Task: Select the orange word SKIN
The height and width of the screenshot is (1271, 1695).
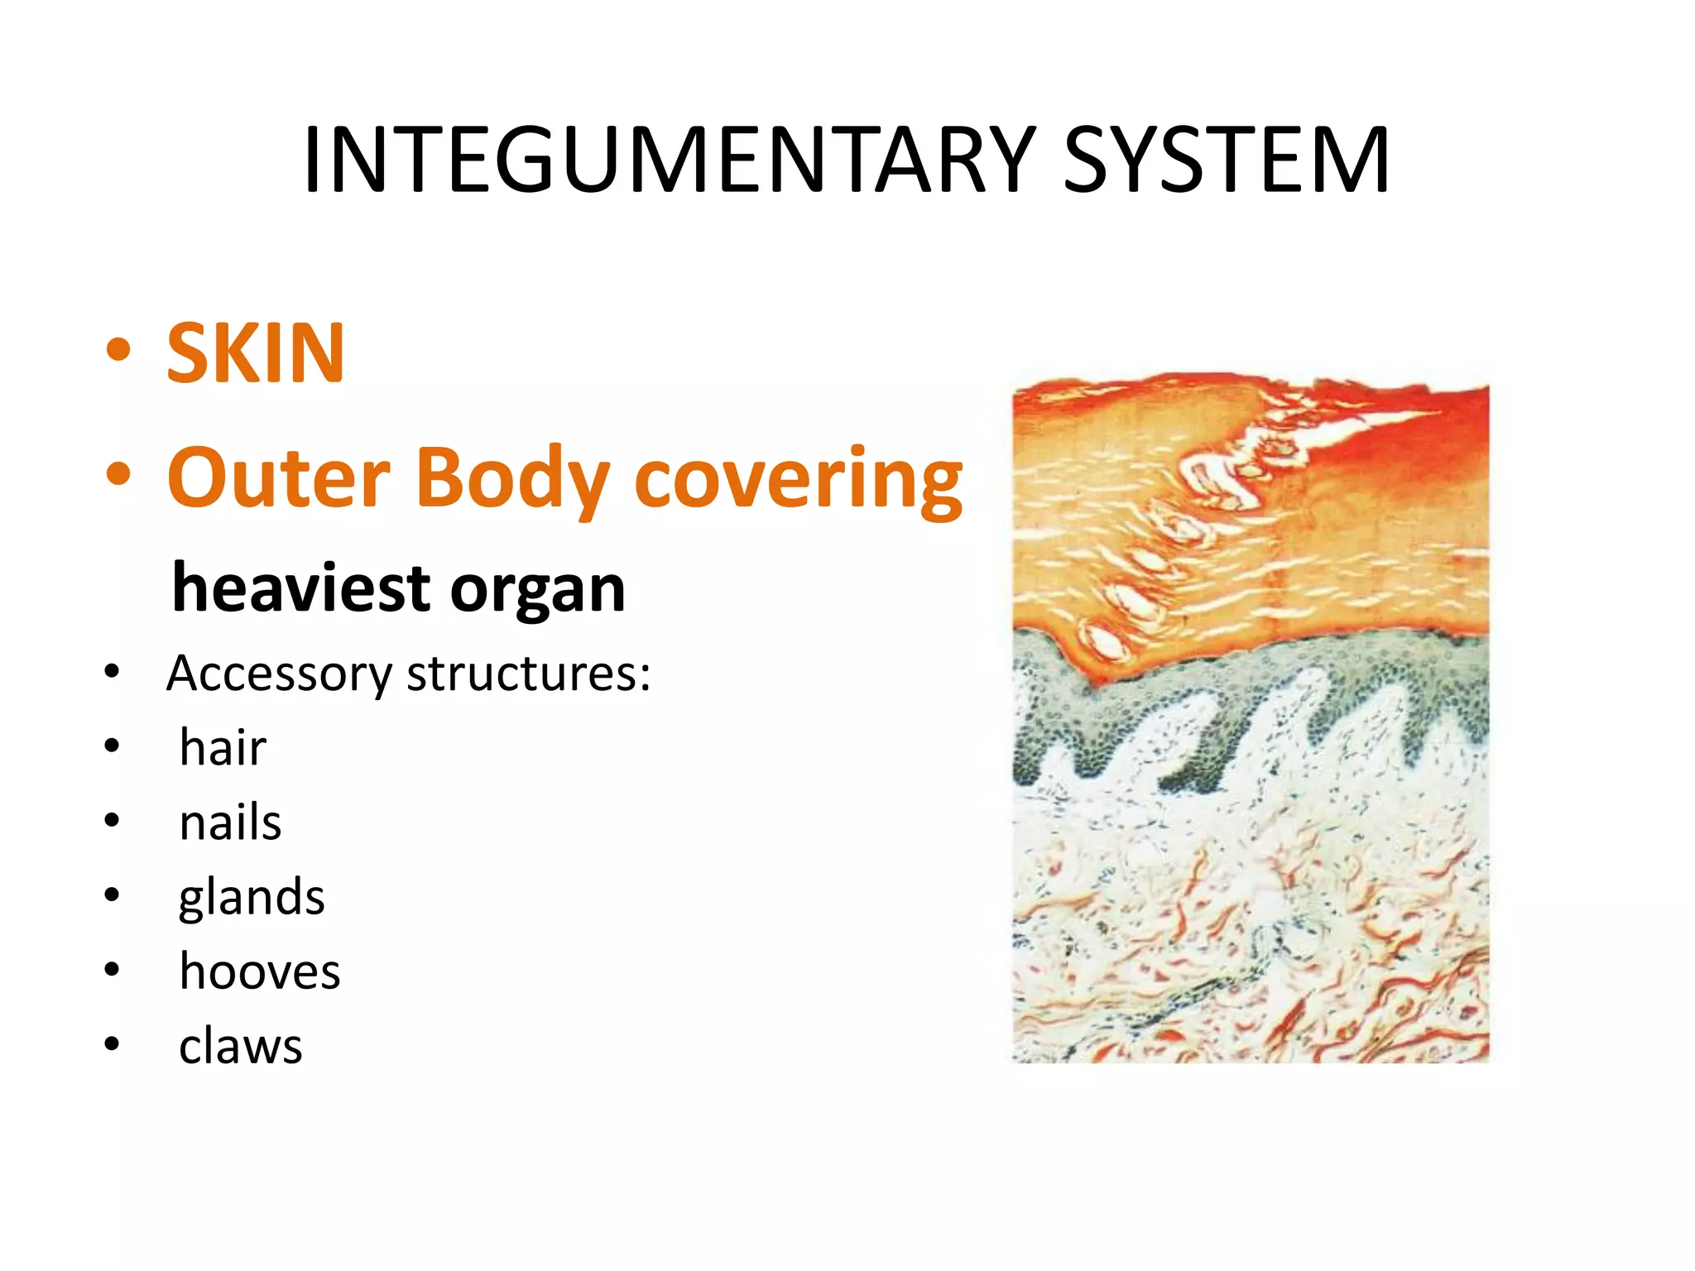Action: click(256, 353)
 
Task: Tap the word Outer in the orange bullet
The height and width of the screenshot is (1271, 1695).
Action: click(279, 478)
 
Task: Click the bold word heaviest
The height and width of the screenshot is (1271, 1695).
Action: click(302, 588)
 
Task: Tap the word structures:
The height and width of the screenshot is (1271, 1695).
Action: click(529, 674)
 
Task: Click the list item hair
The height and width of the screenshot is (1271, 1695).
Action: click(223, 747)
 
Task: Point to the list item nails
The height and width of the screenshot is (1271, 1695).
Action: click(230, 823)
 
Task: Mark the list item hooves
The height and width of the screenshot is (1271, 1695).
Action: click(260, 971)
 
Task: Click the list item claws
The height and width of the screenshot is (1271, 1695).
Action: click(241, 1046)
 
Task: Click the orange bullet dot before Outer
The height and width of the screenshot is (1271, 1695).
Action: click(118, 474)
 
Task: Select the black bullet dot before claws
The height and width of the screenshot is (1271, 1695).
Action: click(113, 1044)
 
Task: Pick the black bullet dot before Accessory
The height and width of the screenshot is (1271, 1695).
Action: click(113, 671)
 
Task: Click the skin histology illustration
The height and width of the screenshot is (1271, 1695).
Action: click(1251, 720)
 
